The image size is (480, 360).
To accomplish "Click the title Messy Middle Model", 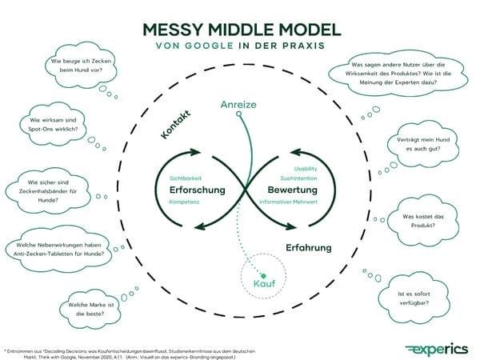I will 240,30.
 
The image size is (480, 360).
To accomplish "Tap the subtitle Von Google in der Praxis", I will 240,47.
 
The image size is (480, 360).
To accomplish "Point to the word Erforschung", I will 197,190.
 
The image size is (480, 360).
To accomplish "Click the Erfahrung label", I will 308,248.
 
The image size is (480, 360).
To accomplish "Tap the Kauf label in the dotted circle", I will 263,284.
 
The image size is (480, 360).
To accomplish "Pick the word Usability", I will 305,168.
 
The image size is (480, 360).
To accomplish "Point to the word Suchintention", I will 298,178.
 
